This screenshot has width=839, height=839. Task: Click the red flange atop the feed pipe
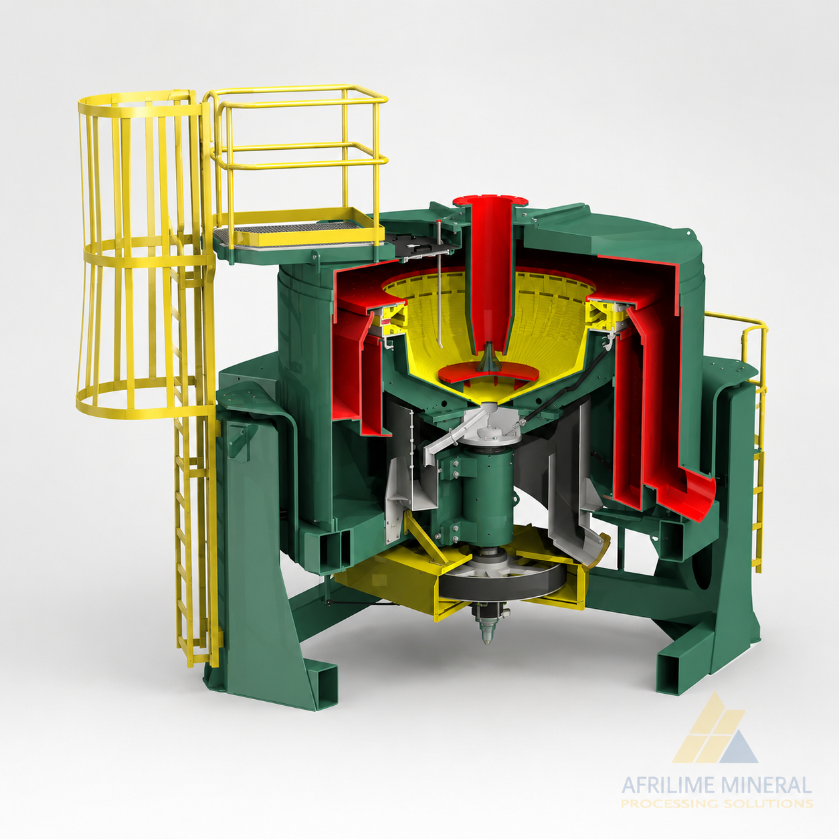tap(490, 201)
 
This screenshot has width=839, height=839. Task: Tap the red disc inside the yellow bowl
tap(491, 373)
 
